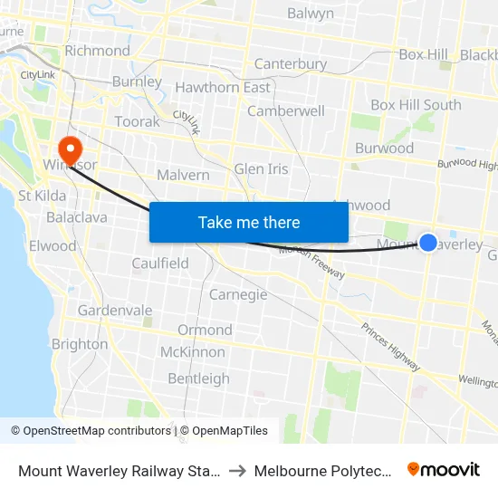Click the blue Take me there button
(x=248, y=222)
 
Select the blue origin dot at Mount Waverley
(x=428, y=242)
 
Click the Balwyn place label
(x=310, y=14)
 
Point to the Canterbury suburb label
(x=290, y=63)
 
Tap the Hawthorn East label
(x=223, y=88)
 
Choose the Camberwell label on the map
(x=285, y=110)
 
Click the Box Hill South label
(x=416, y=105)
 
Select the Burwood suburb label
(x=384, y=148)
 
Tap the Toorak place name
(x=137, y=121)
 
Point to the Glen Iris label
(x=261, y=168)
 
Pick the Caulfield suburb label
(x=160, y=263)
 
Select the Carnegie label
(x=238, y=294)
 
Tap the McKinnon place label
(x=192, y=351)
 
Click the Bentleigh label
(x=198, y=378)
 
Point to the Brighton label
(x=80, y=344)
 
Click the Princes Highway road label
(x=390, y=347)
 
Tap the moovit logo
(x=444, y=470)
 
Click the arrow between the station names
(x=235, y=471)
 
